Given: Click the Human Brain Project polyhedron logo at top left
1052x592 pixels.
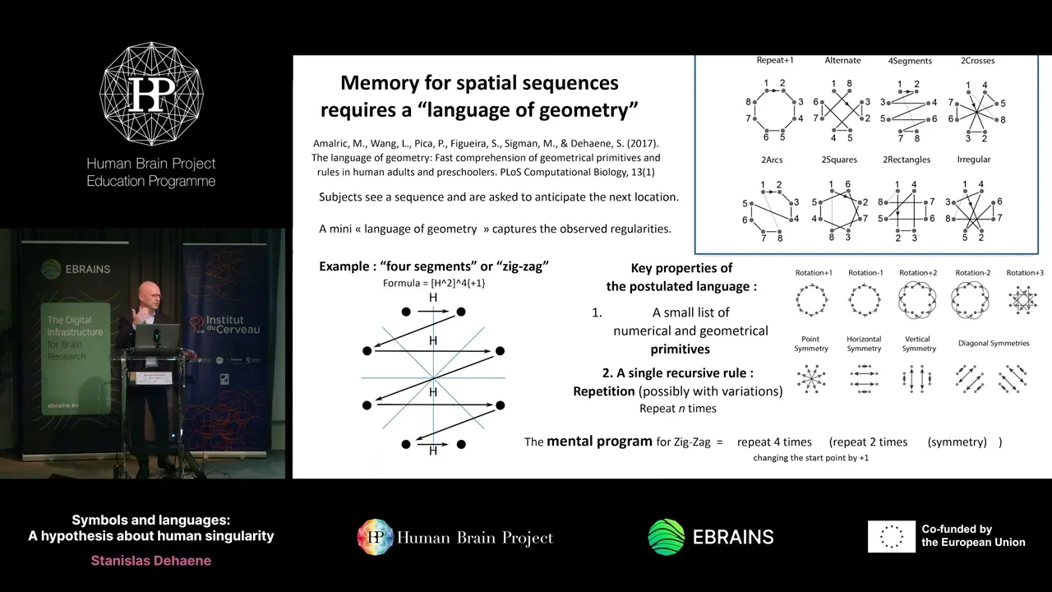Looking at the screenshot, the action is click(151, 94).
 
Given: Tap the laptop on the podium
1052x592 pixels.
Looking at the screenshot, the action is click(157, 336).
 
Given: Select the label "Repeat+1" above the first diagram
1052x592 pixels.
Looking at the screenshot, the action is click(775, 61).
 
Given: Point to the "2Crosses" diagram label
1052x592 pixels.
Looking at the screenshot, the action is click(977, 61).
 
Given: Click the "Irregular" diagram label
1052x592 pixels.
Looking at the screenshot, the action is click(974, 160).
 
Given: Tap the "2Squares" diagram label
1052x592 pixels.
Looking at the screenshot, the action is click(838, 160).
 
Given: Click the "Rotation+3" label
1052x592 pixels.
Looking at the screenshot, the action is click(1025, 273).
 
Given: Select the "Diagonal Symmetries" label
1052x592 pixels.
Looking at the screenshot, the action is click(994, 344).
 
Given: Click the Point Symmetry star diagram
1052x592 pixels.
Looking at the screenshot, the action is click(811, 378).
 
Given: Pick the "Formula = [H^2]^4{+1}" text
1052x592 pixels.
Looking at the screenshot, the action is click(434, 284).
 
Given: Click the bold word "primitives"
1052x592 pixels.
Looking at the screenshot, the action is click(680, 349).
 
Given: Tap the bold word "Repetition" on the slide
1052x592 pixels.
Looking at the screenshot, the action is click(604, 391).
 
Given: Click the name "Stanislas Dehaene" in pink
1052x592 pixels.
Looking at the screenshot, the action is click(151, 561).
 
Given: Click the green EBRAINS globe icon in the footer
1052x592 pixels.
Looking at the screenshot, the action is click(666, 537).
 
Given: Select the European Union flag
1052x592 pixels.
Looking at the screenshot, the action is click(891, 537).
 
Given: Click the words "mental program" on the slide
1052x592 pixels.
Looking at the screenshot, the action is click(599, 442).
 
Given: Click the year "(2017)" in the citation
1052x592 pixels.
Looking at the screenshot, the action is click(640, 143).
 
